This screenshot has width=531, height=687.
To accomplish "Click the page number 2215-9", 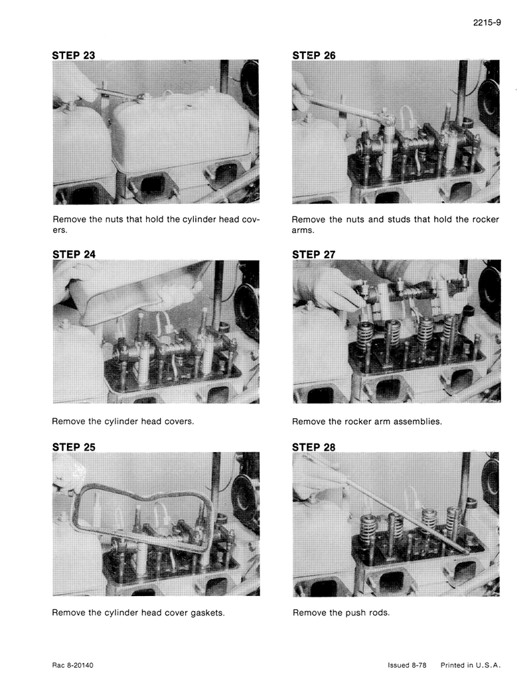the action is coord(487,23).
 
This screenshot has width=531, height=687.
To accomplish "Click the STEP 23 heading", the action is coord(74,56).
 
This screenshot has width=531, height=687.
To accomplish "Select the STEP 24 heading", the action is coord(74,255).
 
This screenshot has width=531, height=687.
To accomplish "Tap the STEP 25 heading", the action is coord(74,447).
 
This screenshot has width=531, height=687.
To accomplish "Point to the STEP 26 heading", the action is coord(314,56).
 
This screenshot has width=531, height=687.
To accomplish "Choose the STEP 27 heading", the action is coord(314,255).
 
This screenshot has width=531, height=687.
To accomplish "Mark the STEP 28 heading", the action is coord(314,447).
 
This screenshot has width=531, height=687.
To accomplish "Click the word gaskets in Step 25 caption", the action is coord(207,613).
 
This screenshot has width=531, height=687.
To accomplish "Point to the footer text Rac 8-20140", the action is coord(73,665).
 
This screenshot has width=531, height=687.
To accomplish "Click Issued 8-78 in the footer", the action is coord(407,665).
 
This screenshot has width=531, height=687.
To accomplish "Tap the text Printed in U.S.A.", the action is coord(471,665).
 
